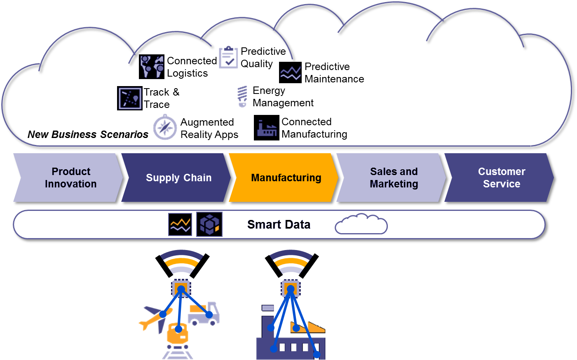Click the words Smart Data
279,224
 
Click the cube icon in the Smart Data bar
209,224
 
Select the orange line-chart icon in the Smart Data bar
180,224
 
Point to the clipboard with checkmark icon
229,57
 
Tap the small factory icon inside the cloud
267,129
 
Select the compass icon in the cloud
165,128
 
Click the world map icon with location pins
152,66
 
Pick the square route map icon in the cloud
130,98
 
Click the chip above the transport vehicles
181,288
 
